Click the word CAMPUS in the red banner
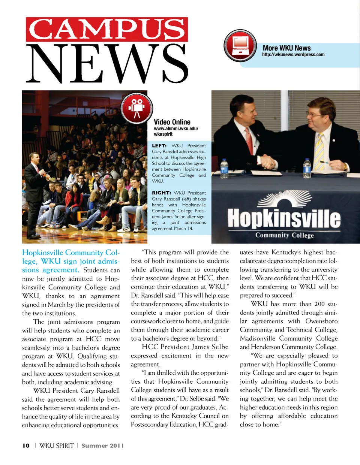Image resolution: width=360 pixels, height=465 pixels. (x=107, y=29)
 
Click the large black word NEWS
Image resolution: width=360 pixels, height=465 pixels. (x=107, y=64)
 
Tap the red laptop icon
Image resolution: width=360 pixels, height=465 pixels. (x=240, y=46)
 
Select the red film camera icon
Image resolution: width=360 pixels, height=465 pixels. (x=137, y=107)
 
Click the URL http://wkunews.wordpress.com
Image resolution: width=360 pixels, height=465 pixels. (x=293, y=55)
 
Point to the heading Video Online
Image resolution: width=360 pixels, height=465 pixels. (x=172, y=122)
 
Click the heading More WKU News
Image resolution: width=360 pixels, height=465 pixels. (x=286, y=48)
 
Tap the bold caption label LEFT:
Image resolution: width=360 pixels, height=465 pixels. (x=159, y=146)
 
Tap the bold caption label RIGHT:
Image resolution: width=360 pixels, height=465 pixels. (x=161, y=193)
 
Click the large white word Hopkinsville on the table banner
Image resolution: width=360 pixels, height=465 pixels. (x=284, y=218)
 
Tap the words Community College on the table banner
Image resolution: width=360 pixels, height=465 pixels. (x=284, y=235)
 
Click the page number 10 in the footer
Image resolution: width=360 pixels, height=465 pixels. (x=26, y=446)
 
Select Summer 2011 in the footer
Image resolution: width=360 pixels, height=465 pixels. (x=102, y=446)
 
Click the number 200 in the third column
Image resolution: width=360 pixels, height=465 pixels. (x=319, y=304)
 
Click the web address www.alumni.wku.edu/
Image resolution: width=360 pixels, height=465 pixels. (x=176, y=129)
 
